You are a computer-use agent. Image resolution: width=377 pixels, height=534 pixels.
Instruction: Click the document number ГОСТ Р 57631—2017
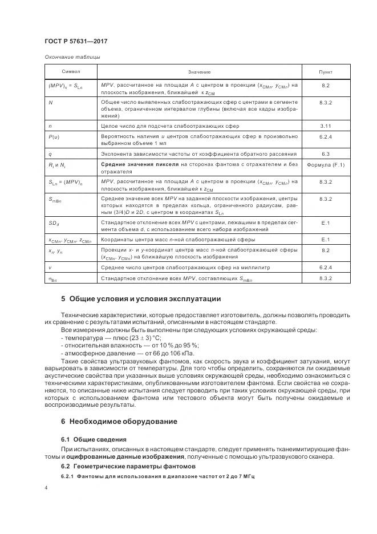click(x=75, y=42)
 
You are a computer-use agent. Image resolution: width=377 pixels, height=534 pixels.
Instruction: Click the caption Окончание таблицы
click(x=72, y=57)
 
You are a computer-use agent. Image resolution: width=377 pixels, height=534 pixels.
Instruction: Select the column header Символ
click(x=71, y=72)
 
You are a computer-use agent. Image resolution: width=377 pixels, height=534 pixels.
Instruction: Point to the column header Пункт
click(x=326, y=72)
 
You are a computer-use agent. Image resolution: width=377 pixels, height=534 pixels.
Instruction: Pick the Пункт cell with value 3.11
click(x=326, y=125)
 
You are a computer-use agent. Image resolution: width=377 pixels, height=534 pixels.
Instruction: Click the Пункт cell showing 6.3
click(x=326, y=154)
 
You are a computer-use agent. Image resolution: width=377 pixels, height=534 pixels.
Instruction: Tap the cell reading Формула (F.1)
click(x=326, y=165)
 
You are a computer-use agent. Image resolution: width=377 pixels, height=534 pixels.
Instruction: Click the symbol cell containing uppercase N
click(x=51, y=101)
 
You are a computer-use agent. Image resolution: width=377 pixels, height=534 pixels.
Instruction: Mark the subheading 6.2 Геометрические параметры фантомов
click(x=119, y=467)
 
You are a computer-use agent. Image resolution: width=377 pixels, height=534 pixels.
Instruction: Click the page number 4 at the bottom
click(x=46, y=488)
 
